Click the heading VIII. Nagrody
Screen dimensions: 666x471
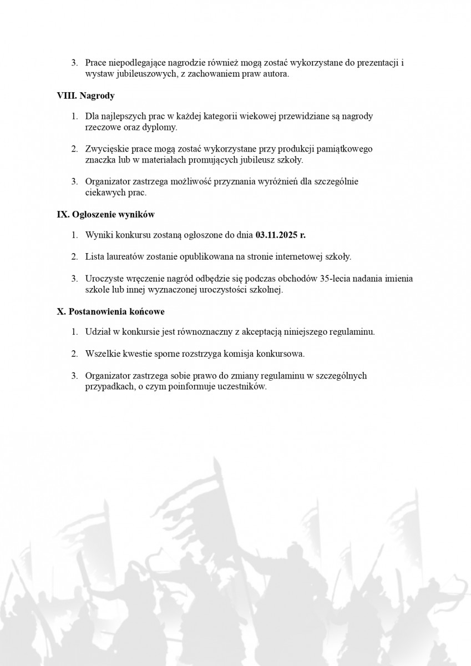85,95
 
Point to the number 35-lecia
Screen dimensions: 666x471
343,279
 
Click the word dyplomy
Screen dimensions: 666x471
160,127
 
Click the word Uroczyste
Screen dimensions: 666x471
104,279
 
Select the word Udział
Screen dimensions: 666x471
97,332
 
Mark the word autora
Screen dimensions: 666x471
276,74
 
